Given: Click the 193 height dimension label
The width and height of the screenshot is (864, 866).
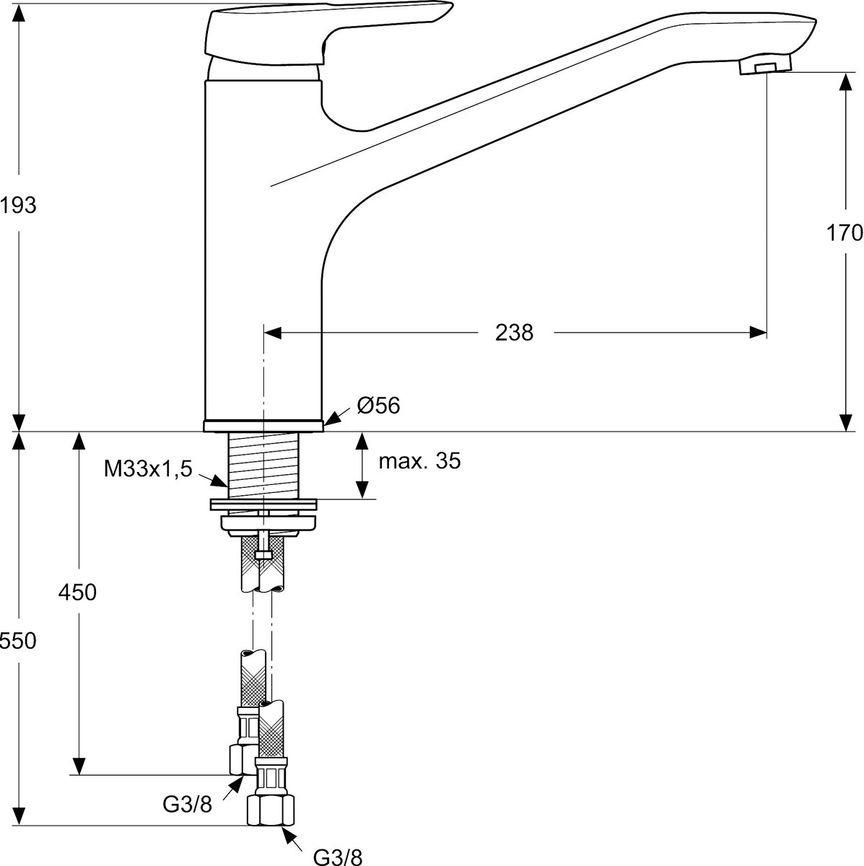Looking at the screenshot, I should tap(18, 206).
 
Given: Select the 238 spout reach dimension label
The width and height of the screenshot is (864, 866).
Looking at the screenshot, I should tap(514, 333).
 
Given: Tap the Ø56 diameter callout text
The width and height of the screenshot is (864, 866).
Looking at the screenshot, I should tap(378, 406).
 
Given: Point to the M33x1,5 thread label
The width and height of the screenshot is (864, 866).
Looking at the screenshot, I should tap(148, 470).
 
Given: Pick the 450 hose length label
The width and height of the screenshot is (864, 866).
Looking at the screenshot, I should tap(78, 592).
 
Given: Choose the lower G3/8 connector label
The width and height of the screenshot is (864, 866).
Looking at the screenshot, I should tap(338, 857).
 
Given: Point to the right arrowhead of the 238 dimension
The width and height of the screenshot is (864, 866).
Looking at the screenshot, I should tap(758, 333).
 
